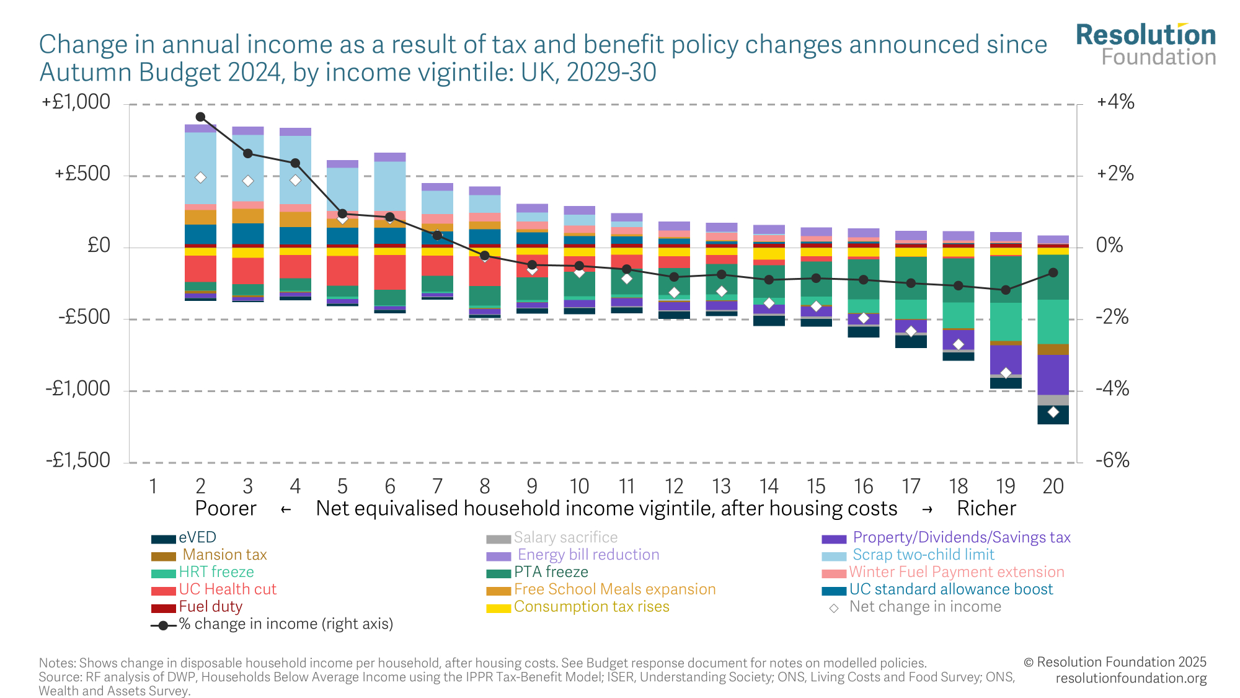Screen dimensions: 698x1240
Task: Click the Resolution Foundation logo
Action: point(1146,44)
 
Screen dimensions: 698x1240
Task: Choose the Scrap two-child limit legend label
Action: point(923,555)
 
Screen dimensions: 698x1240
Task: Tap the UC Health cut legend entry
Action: point(228,589)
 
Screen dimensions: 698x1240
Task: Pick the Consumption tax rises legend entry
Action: point(591,607)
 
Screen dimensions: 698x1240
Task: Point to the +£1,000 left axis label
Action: point(76,102)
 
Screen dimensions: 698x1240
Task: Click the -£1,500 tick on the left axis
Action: point(78,460)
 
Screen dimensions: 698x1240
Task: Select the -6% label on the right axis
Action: point(1112,460)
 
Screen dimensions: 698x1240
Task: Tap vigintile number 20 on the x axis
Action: point(1053,486)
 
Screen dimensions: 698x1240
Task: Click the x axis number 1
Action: point(153,486)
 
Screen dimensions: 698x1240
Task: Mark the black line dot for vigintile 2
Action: point(200,117)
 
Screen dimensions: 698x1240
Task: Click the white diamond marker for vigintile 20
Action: point(1053,412)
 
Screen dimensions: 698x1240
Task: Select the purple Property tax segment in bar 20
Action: point(1053,374)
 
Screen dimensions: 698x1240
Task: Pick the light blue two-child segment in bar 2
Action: point(200,168)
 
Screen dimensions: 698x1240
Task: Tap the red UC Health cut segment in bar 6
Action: point(390,272)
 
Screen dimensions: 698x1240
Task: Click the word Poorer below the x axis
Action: point(226,509)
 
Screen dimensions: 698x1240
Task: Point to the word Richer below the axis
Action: point(986,509)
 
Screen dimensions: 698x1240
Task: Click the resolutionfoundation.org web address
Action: point(1131,678)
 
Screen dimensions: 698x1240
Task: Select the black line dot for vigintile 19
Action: point(1006,290)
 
